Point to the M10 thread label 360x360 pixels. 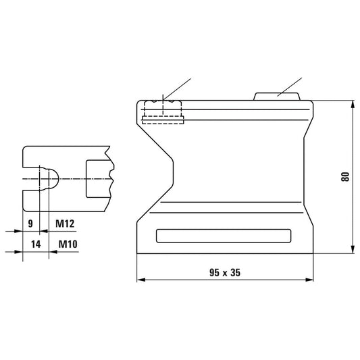(66, 243)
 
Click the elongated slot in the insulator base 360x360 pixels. (223, 236)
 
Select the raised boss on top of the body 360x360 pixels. (277, 96)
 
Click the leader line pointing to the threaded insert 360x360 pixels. (179, 86)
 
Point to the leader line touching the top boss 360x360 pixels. (289, 86)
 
